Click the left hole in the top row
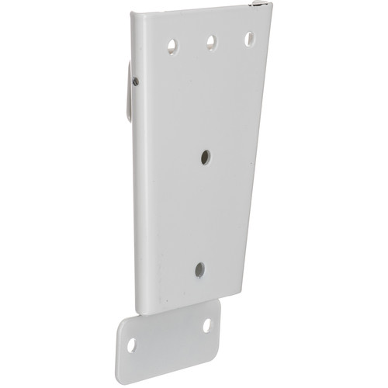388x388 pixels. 168,44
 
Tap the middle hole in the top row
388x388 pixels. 210,41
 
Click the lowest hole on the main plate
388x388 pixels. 199,269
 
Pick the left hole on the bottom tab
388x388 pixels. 133,341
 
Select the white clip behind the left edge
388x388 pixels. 126,93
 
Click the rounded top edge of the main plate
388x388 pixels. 194,10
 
